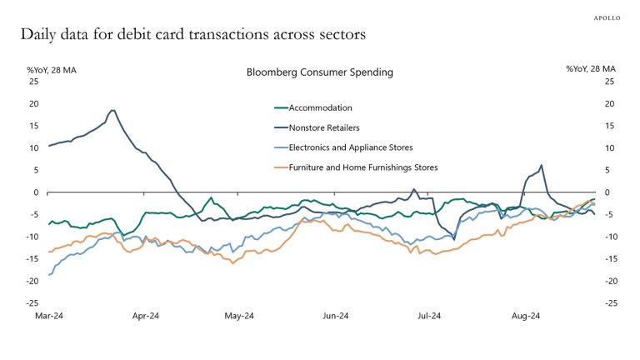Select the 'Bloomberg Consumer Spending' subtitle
coord(319,72)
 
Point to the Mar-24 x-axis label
coord(48,317)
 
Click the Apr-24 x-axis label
coord(145,317)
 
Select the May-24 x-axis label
coord(239,317)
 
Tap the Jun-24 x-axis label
coord(336,317)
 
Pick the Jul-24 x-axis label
coord(428,317)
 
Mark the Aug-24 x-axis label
coord(525,317)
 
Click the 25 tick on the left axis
coord(33,82)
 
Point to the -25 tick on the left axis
coord(32,303)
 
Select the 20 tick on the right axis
coord(609,103)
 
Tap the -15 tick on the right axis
coord(611,259)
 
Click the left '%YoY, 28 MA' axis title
coord(52,68)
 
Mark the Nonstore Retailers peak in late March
coord(112,110)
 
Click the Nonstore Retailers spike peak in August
coord(542,165)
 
